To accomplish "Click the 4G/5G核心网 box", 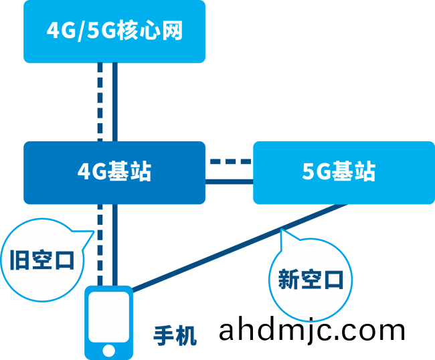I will coord(114,31).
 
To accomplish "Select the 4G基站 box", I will coord(114,172).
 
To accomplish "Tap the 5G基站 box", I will coord(343,172).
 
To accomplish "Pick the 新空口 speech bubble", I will coord(311,280).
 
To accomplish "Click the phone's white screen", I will coord(108,317).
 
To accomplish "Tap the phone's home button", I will coord(108,349).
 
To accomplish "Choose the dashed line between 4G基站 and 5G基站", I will coord(230,161).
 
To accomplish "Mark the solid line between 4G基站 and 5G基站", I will coord(230,181).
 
